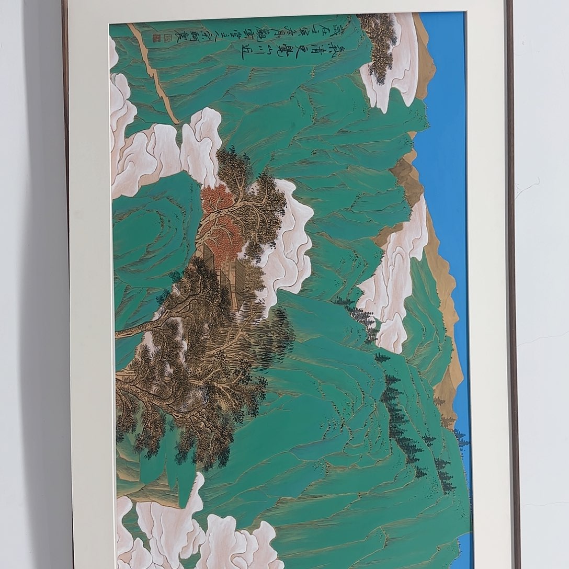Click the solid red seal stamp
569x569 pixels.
155,37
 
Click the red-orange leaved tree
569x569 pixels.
222,220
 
